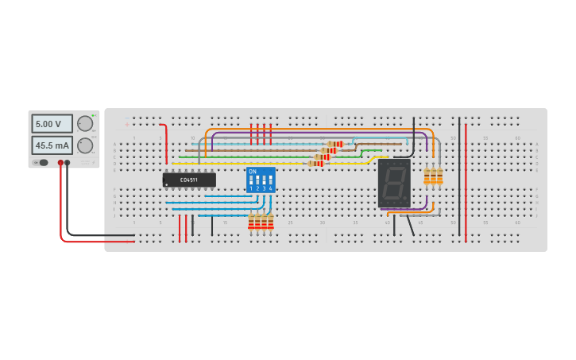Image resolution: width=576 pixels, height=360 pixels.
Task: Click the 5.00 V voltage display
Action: [x=52, y=124]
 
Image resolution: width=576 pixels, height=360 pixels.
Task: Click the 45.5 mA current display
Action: [x=52, y=145]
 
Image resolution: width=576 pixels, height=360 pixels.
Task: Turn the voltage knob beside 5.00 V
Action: [x=84, y=124]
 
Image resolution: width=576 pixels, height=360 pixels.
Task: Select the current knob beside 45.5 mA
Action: [x=84, y=145]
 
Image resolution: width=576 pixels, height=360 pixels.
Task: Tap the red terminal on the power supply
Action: [x=60, y=163]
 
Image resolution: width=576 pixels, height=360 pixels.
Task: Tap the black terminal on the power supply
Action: [x=67, y=163]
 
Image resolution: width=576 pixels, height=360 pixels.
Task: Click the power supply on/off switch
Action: [x=41, y=163]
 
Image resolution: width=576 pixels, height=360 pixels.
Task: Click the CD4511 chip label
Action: [x=189, y=180]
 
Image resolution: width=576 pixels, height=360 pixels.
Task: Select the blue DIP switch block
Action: [x=261, y=180]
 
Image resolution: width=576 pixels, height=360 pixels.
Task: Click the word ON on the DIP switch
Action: [x=253, y=171]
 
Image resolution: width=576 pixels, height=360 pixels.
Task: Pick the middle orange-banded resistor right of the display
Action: [x=433, y=176]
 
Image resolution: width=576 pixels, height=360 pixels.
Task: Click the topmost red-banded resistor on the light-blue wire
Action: [x=334, y=144]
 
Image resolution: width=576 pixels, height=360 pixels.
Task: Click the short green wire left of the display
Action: [x=371, y=150]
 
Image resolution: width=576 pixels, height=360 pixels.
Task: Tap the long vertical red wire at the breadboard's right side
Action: [x=466, y=183]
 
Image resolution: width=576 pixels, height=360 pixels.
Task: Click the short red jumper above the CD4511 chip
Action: [x=166, y=143]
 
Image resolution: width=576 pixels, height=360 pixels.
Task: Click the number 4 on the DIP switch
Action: [x=270, y=189]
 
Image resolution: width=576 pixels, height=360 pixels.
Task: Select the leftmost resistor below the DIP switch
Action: [x=251, y=222]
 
